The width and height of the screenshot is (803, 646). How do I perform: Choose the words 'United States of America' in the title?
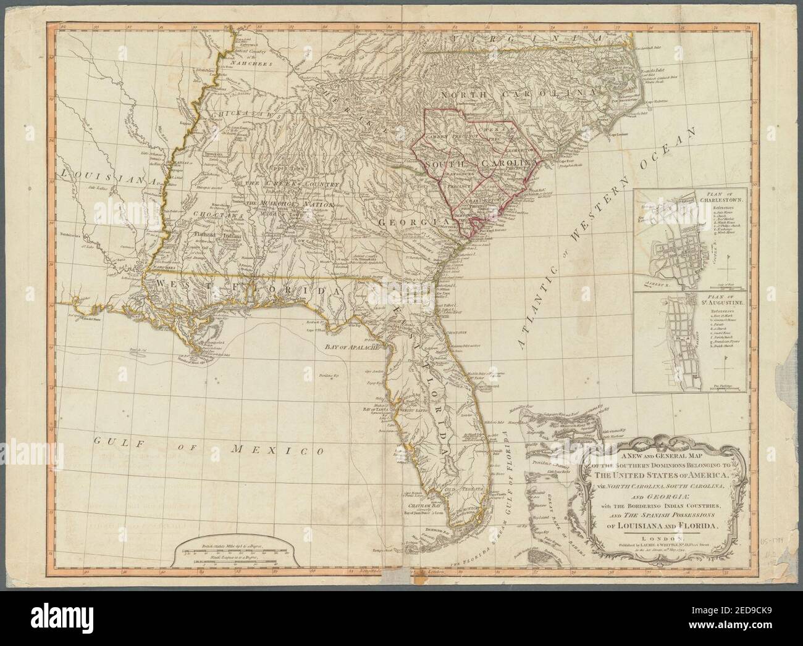(x=668, y=476)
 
